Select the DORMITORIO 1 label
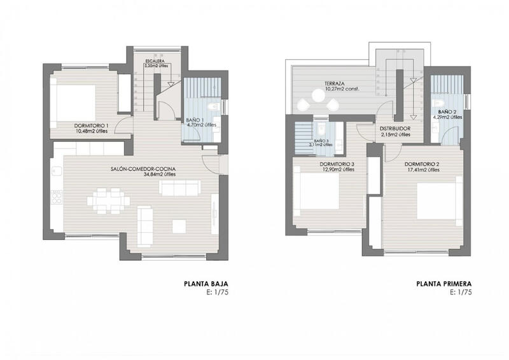click(85, 126)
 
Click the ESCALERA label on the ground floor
click(155, 61)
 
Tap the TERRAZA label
click(334, 83)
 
